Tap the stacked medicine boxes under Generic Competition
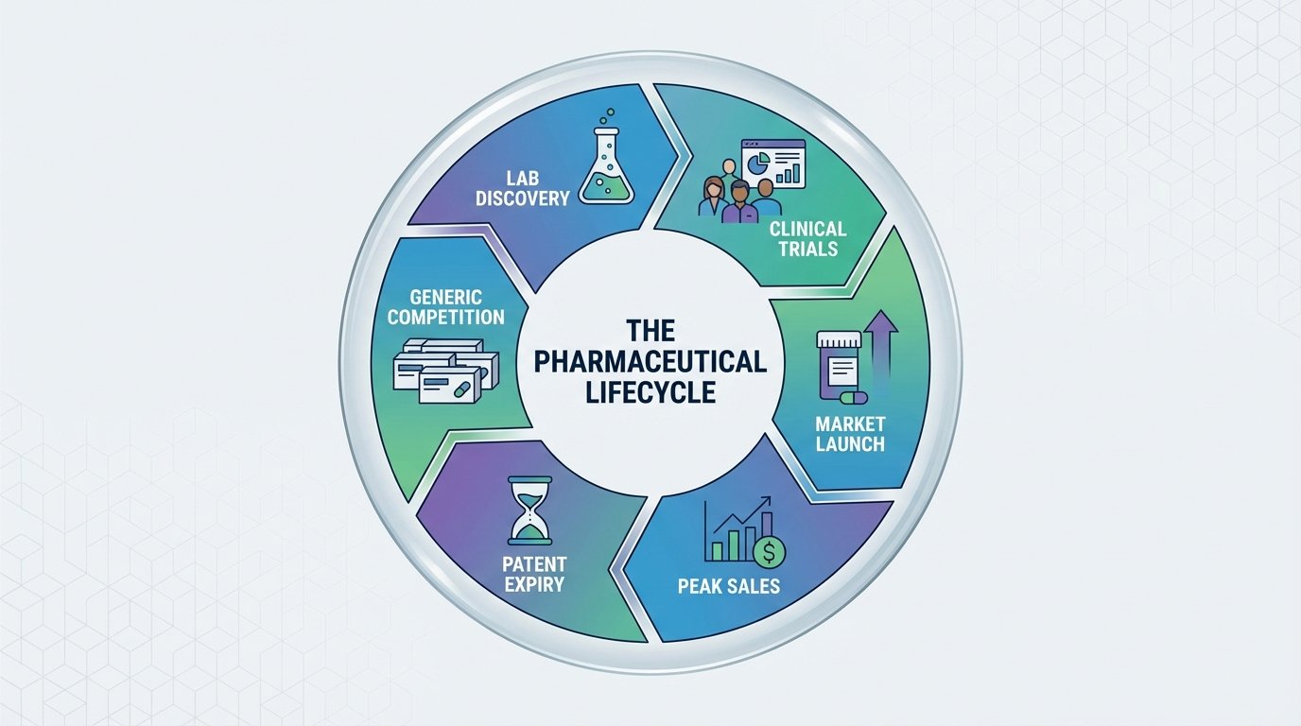click(445, 371)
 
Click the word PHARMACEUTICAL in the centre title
click(650, 362)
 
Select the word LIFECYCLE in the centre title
click(650, 392)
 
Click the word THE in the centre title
click(650, 332)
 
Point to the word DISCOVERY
click(536, 199)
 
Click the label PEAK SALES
click(729, 587)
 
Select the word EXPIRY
click(534, 584)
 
